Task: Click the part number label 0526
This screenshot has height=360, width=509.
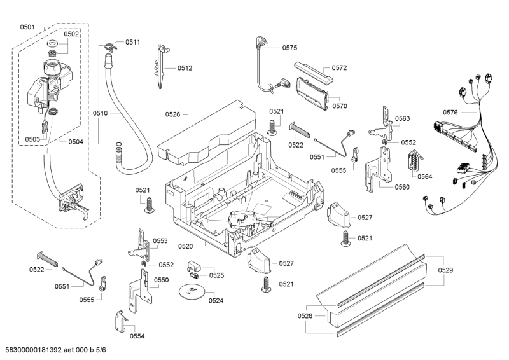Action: [x=173, y=114]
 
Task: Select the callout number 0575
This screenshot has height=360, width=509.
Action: [x=289, y=48]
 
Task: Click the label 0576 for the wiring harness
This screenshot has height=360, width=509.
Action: [x=450, y=113]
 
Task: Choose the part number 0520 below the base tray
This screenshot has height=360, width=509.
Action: [x=186, y=246]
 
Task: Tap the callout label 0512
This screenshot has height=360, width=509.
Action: [x=185, y=68]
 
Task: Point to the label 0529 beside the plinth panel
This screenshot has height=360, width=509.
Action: [x=446, y=271]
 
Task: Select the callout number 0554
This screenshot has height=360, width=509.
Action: [x=136, y=336]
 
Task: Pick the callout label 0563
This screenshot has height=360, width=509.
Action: [x=402, y=118]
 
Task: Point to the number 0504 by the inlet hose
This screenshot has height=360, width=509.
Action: [x=76, y=141]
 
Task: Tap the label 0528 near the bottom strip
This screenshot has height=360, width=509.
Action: [x=305, y=316]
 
